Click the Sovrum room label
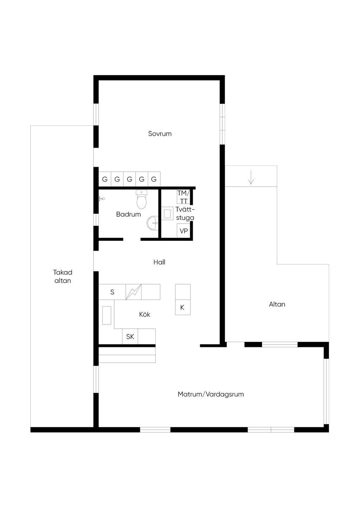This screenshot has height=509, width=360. coord(160,134)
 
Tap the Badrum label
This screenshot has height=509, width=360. coord(128,214)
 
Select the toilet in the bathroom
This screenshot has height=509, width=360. coord(142,199)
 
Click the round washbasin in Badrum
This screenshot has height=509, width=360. coord(153,223)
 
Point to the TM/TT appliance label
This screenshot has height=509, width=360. coord(183,197)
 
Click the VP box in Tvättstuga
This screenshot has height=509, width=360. coord(184,231)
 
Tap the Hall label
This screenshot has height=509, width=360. coord(159,262)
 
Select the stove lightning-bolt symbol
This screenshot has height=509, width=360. coord(134,292)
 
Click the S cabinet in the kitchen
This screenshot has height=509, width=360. coord(112,292)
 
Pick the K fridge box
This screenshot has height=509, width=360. coord(183,307)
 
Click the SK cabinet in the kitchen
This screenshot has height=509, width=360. coord(130,336)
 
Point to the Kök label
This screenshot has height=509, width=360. coord(144,314)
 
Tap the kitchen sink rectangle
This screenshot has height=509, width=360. coord(107,315)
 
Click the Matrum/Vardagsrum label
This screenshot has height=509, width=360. coord(211,394)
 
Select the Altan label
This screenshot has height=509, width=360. coord(277,304)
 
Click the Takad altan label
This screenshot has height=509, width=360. coord(63,276)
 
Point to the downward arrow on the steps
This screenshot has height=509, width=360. coord(251,177)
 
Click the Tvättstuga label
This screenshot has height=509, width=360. coord(185,213)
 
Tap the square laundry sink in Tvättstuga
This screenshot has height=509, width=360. coord(167,214)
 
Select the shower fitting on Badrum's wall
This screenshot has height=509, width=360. coord(101,199)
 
